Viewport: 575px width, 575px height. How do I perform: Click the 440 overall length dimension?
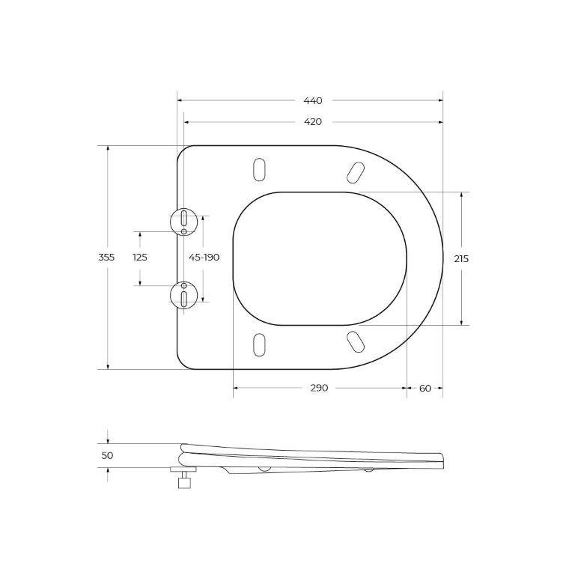click(x=313, y=100)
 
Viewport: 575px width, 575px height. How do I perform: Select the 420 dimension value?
click(x=313, y=121)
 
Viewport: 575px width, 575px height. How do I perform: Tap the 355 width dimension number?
click(x=106, y=257)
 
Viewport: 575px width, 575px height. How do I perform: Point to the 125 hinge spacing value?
click(x=140, y=257)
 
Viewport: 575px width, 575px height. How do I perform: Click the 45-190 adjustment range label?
click(x=204, y=257)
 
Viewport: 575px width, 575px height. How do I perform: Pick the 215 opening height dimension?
click(x=461, y=258)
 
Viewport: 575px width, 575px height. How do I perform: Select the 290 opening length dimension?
click(x=319, y=388)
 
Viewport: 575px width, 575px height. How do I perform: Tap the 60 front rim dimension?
click(x=425, y=388)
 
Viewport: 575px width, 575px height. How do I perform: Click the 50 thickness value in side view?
click(x=106, y=455)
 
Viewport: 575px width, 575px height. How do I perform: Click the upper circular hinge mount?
click(x=183, y=221)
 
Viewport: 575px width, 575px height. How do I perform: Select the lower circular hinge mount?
click(x=183, y=293)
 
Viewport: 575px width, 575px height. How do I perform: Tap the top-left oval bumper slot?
click(x=259, y=169)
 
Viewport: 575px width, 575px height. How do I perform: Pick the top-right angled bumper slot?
click(x=354, y=172)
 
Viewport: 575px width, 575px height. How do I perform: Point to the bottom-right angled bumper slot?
click(x=354, y=340)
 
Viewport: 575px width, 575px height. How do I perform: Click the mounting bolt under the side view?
click(x=183, y=479)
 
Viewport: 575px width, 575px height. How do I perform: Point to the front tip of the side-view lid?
click(x=442, y=461)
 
